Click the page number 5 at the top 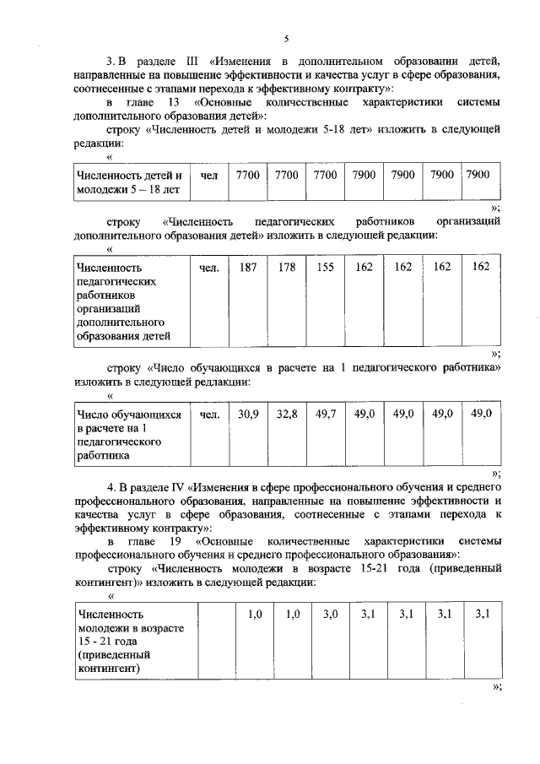(286, 40)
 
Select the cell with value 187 (248, 268)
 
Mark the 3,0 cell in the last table (330, 615)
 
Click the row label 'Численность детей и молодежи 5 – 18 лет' (129, 182)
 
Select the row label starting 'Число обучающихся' (129, 434)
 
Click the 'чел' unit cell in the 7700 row (210, 175)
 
